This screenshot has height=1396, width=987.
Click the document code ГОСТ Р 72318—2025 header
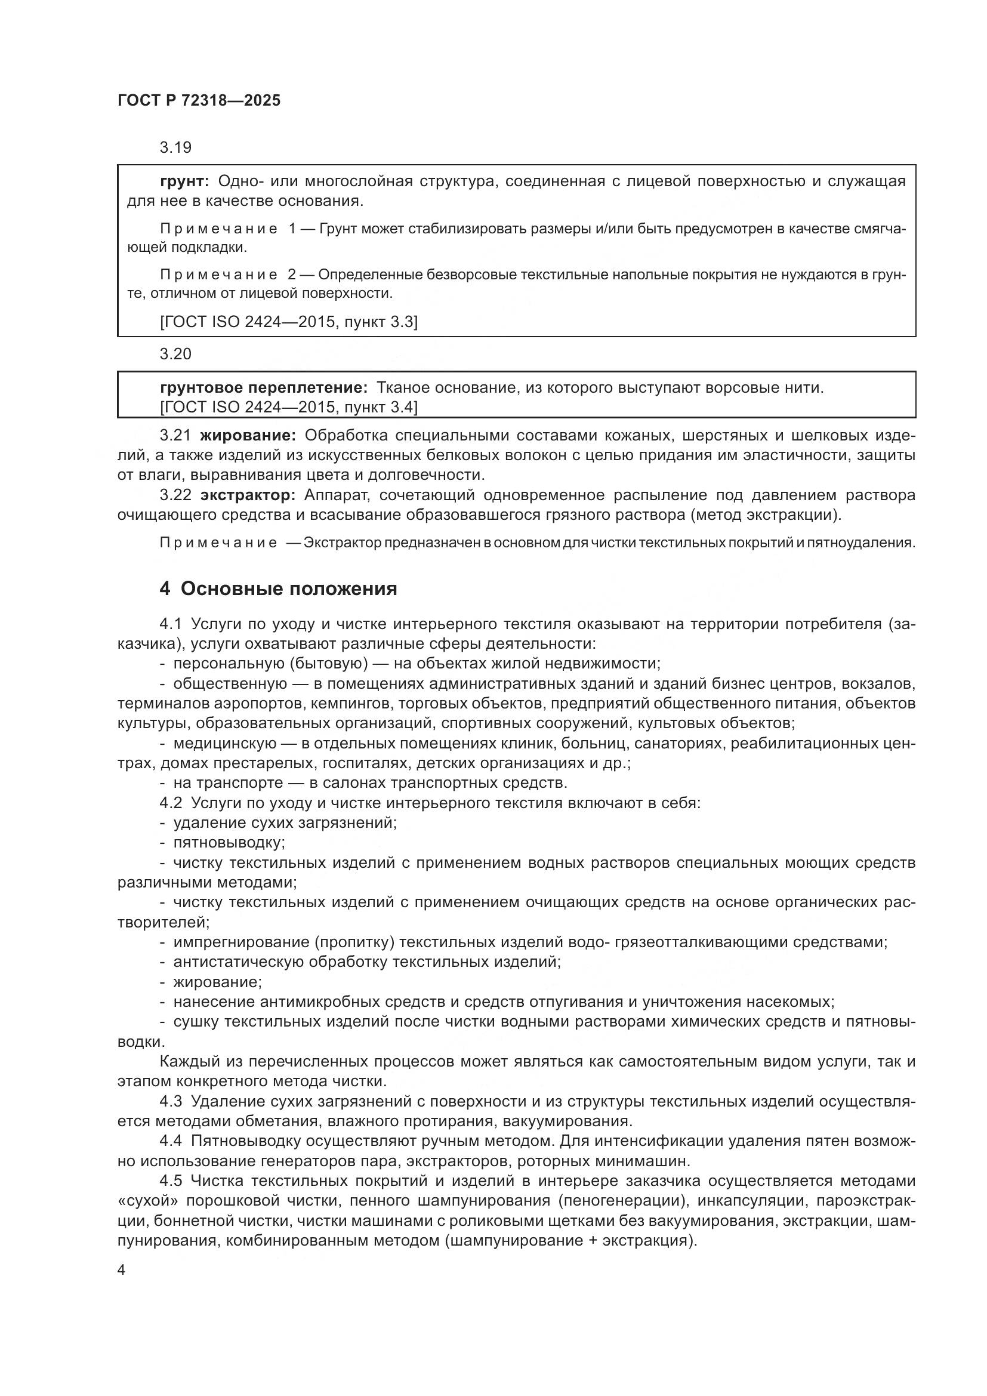point(199,100)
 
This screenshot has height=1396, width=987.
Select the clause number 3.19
point(175,147)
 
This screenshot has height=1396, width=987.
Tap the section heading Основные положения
point(289,588)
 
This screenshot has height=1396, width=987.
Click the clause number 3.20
point(175,354)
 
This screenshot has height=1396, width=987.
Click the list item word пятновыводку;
point(229,843)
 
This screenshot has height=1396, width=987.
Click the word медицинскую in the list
point(225,744)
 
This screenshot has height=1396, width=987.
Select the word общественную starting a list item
point(230,683)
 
